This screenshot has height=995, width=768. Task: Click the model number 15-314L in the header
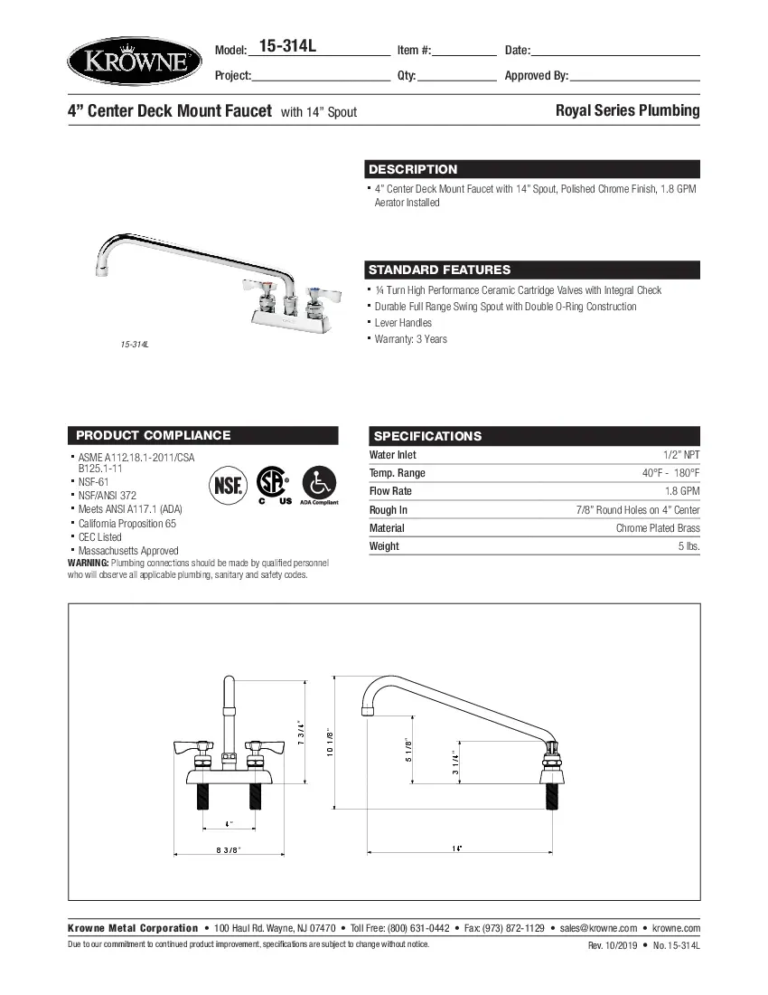pyautogui.click(x=287, y=47)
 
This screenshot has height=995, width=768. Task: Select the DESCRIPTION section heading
pyautogui.click(x=413, y=169)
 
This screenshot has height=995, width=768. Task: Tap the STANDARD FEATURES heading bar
pyautogui.click(x=439, y=270)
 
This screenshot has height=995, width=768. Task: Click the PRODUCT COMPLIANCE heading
pyautogui.click(x=153, y=435)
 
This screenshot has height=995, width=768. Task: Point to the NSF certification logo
pyautogui.click(x=228, y=486)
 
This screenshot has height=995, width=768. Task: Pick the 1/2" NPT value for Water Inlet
pyautogui.click(x=680, y=455)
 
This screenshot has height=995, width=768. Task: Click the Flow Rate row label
pyautogui.click(x=390, y=491)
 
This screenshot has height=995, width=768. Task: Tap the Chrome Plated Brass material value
pyautogui.click(x=657, y=528)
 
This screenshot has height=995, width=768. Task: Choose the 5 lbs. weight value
pyautogui.click(x=688, y=546)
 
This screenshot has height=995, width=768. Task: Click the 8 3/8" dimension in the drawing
pyautogui.click(x=228, y=849)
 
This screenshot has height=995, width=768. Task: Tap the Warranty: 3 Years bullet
pyautogui.click(x=410, y=339)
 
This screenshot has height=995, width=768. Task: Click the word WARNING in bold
pyautogui.click(x=88, y=563)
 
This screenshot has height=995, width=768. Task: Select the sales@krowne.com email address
pyautogui.click(x=598, y=928)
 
